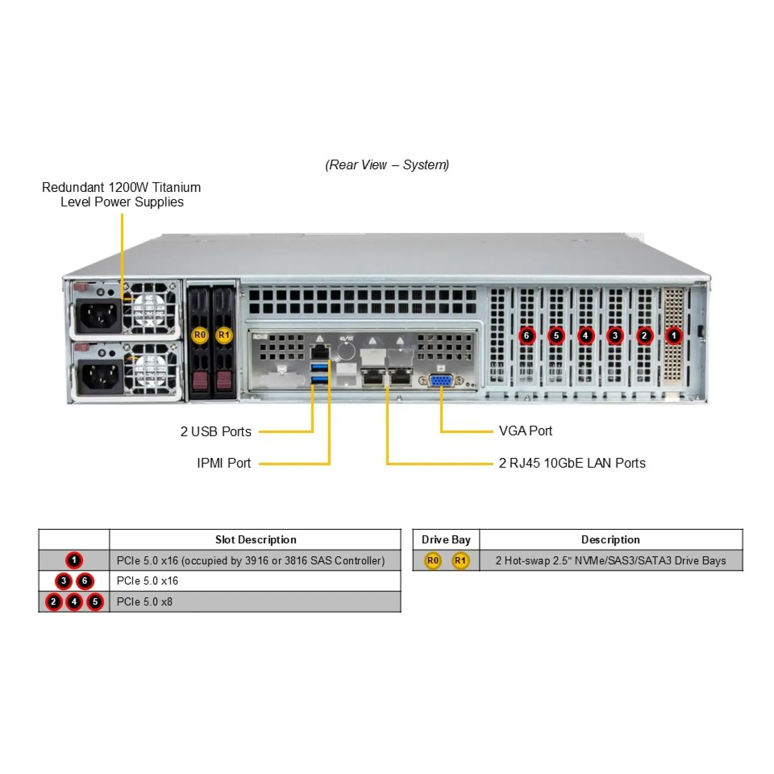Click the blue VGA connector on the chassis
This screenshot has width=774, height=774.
coord(441,381)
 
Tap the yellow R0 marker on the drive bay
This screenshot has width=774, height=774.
coord(200,335)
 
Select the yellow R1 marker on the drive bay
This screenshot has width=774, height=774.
coord(224,335)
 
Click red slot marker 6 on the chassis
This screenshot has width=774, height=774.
coord(526,335)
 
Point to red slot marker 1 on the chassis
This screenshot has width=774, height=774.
coord(674,335)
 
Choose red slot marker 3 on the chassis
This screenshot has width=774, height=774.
coord(615,335)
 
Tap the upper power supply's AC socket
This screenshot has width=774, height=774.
coord(99,316)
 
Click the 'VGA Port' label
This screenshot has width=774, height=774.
coord(525,431)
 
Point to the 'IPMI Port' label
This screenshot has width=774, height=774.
coord(224,463)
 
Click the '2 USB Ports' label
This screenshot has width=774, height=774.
coord(216,431)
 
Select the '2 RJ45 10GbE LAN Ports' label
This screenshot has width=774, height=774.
coord(572,463)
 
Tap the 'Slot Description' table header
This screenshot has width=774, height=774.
coord(256,540)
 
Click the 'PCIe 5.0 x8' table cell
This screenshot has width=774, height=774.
coord(255,602)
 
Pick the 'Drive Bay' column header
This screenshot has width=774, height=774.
coord(446,540)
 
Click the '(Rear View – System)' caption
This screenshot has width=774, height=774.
coord(387,165)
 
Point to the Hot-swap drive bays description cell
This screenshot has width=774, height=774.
coord(611,561)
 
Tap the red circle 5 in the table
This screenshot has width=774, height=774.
coord(95,602)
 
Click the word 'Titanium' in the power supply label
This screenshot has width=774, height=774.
coord(177,187)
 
